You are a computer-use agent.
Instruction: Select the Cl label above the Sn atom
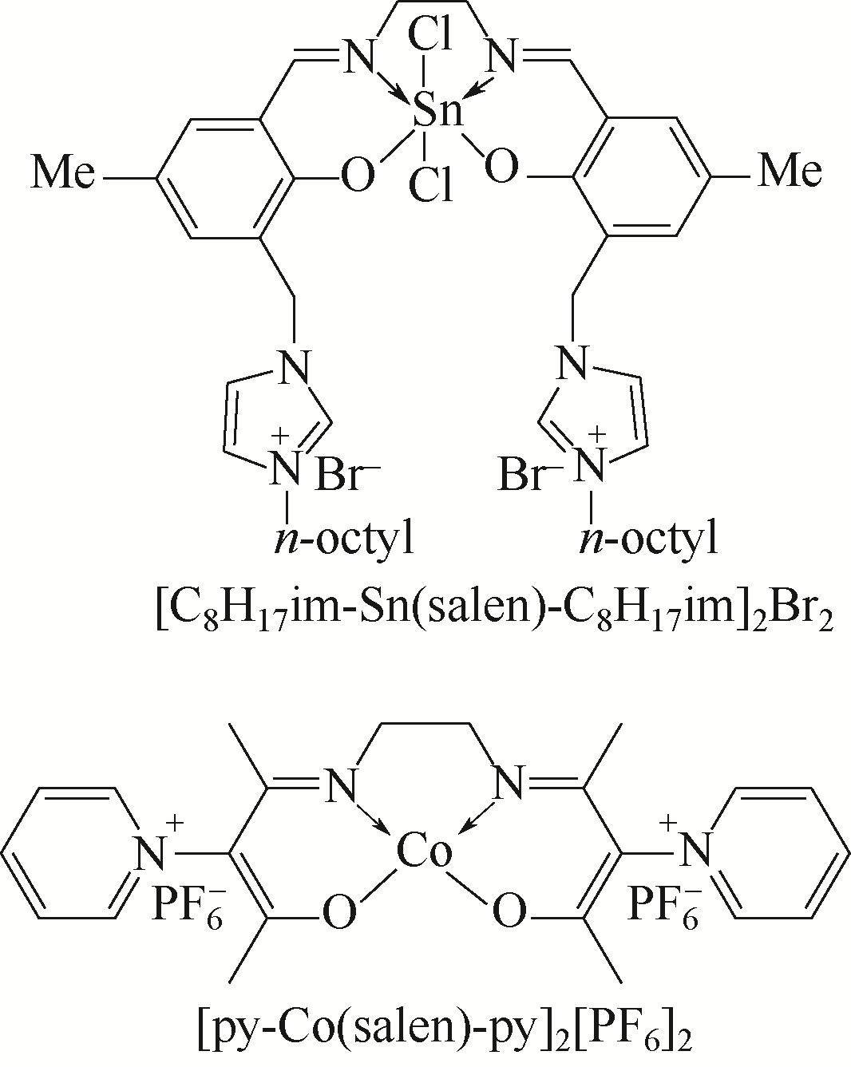coord(429,36)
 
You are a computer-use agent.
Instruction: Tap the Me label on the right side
coord(790,171)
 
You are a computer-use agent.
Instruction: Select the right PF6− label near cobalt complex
coord(664,905)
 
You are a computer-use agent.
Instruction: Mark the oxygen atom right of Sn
coord(501,168)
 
